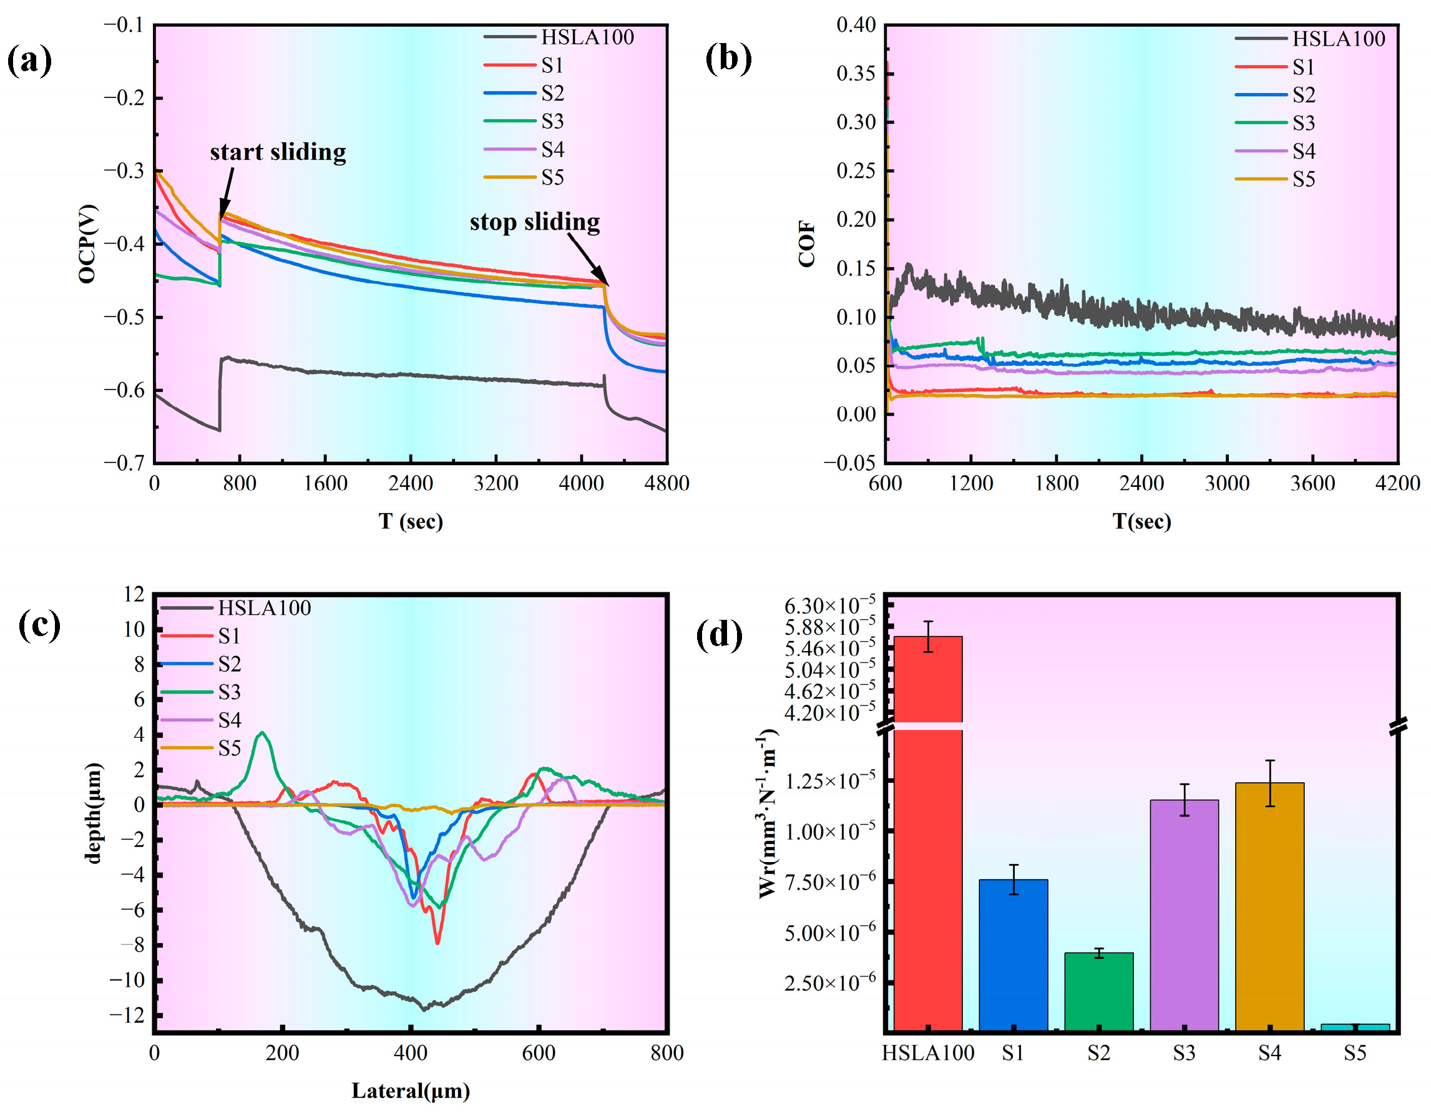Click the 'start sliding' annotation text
(x=278, y=152)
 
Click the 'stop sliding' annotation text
(x=534, y=222)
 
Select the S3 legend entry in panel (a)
(x=524, y=121)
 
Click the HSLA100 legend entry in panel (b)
(x=1311, y=39)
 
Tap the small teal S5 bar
(x=1354, y=1027)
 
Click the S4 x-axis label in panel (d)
(x=1269, y=1053)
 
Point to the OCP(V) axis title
(x=87, y=244)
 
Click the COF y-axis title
(x=806, y=244)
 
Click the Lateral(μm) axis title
(x=411, y=1091)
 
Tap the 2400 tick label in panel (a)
(x=411, y=484)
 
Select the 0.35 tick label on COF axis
(x=856, y=73)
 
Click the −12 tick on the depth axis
(x=127, y=1015)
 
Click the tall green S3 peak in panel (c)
(x=263, y=733)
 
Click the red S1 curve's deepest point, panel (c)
(x=437, y=942)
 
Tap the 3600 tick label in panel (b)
(x=1312, y=484)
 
